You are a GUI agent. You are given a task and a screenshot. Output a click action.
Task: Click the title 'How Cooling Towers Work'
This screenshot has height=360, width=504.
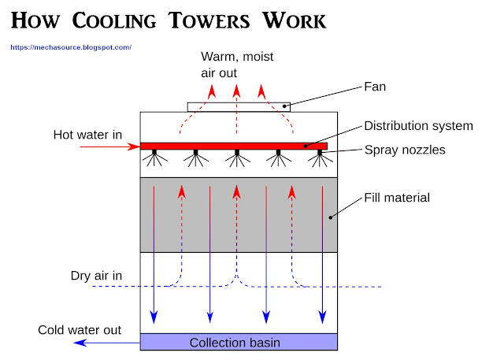click(169, 19)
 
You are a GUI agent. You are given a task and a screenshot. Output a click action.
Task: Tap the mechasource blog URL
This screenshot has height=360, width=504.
click(71, 47)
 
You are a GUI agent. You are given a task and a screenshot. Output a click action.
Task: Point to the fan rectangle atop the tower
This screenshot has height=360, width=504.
click(238, 106)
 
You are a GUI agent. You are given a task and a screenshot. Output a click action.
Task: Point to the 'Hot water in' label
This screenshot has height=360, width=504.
click(87, 135)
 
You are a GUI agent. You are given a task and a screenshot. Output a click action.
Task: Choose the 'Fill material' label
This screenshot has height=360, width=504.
click(397, 198)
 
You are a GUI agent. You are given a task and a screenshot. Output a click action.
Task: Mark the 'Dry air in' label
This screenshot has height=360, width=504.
click(96, 276)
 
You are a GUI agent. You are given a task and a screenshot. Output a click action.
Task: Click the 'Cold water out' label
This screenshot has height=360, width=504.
click(80, 329)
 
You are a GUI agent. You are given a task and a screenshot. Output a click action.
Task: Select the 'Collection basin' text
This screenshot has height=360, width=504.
click(234, 343)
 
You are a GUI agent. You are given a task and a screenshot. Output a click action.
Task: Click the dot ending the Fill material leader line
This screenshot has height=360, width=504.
click(330, 216)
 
